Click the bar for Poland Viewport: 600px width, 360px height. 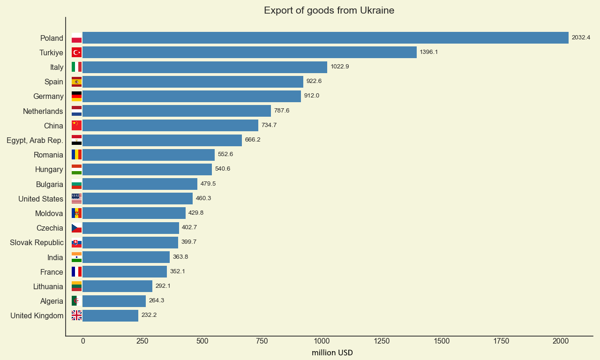(325, 38)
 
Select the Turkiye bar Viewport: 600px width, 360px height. (249, 52)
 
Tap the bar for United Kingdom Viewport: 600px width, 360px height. (110, 315)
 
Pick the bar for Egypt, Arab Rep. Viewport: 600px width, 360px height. (162, 140)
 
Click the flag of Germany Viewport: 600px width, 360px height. (76, 97)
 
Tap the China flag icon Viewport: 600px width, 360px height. (76, 126)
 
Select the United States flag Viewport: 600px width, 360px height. (76, 199)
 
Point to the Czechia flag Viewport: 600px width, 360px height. (76, 228)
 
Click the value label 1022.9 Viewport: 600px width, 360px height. (339, 67)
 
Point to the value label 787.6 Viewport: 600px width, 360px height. (282, 111)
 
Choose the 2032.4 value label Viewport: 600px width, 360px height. (581, 37)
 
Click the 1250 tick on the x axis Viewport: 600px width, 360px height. (382, 341)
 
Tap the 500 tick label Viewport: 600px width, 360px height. (202, 341)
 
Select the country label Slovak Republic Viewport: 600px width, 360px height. (37, 243)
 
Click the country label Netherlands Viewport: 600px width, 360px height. (43, 111)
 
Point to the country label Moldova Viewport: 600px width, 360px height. (49, 214)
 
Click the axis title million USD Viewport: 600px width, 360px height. (332, 353)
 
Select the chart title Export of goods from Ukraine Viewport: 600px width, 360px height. (329, 10)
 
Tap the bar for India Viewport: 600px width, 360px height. (126, 257)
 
